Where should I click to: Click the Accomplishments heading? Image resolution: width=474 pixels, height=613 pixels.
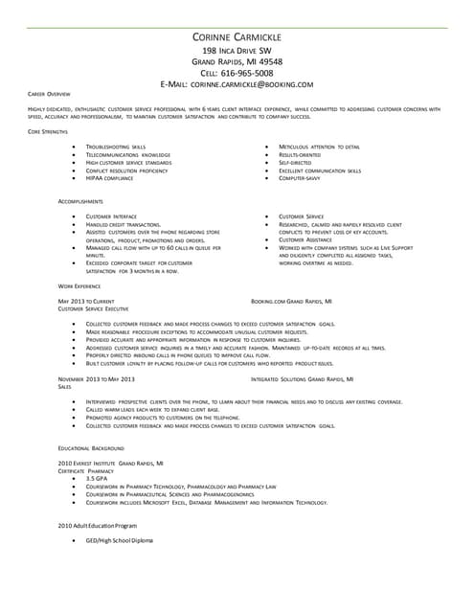pos(80,202)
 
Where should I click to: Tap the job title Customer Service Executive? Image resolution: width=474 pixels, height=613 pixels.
pos(94,308)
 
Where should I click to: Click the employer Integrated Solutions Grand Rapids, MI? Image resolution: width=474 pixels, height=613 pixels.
pos(302,379)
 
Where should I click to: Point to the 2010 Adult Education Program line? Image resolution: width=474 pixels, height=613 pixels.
pos(98,526)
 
